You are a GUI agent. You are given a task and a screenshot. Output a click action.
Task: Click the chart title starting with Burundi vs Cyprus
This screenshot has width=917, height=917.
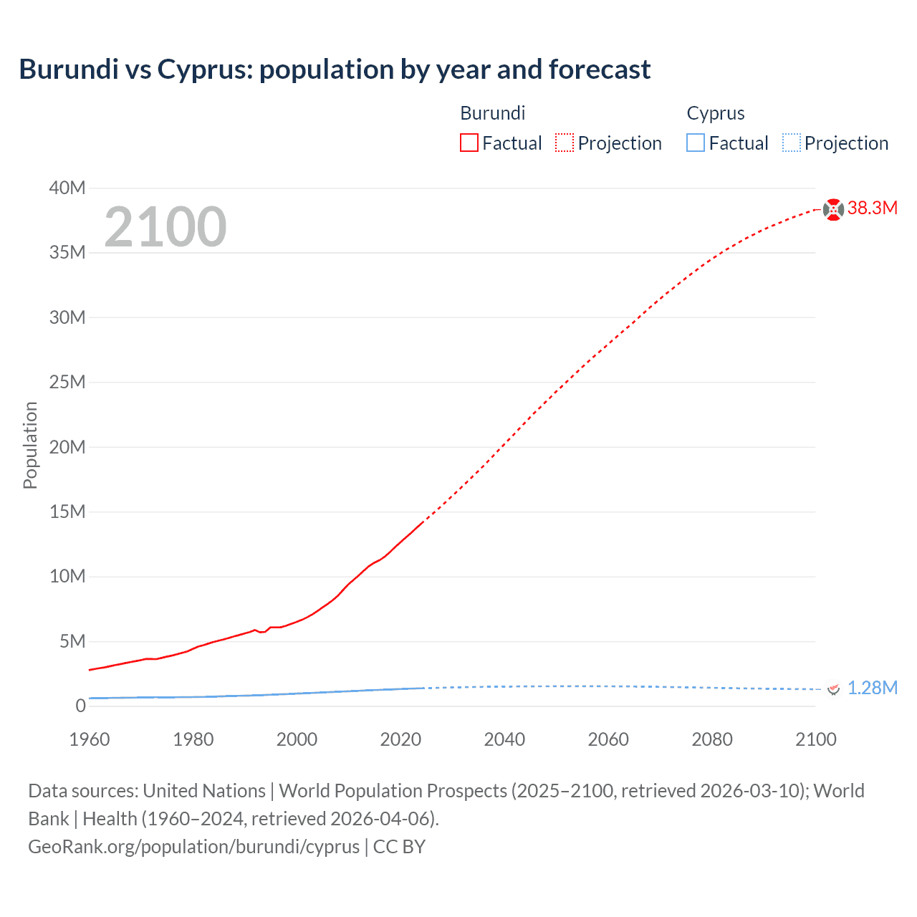click(x=335, y=69)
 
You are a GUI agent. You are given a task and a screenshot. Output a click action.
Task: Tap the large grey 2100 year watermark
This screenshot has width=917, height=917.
click(x=165, y=227)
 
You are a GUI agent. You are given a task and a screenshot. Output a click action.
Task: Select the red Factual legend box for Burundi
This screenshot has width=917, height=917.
click(x=469, y=143)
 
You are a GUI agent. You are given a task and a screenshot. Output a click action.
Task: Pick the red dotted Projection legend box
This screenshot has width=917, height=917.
click(x=565, y=143)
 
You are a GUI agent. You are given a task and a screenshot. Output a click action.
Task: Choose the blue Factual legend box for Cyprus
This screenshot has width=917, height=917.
click(x=695, y=143)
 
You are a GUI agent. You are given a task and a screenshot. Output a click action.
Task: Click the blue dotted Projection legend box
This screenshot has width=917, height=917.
click(x=791, y=143)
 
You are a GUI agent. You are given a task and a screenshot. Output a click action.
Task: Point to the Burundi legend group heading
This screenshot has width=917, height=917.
click(x=492, y=113)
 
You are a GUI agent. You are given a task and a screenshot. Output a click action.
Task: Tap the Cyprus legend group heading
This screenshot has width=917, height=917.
click(x=715, y=113)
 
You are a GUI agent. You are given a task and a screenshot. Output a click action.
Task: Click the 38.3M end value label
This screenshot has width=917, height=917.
click(x=872, y=208)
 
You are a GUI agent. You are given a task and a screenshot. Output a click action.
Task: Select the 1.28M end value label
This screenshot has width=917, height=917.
click(x=872, y=688)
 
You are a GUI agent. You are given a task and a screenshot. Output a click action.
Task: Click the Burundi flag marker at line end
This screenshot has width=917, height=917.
click(x=832, y=209)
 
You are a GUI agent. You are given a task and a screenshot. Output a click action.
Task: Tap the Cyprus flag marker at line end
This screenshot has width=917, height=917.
click(x=832, y=689)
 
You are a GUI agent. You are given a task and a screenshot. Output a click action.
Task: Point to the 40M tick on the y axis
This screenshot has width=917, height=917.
click(x=67, y=188)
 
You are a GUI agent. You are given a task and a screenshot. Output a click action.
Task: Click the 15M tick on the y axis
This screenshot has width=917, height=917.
click(x=67, y=512)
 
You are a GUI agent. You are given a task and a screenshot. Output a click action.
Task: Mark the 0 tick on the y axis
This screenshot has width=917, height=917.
click(x=80, y=706)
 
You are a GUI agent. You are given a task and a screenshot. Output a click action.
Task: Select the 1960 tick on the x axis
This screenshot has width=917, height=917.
click(x=90, y=739)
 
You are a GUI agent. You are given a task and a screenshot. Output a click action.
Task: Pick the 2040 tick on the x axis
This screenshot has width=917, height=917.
click(x=504, y=739)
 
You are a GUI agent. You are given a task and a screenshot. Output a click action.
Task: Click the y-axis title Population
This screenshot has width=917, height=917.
click(x=30, y=445)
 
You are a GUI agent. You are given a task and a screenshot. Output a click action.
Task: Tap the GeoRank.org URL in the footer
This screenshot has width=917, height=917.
click(x=193, y=847)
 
